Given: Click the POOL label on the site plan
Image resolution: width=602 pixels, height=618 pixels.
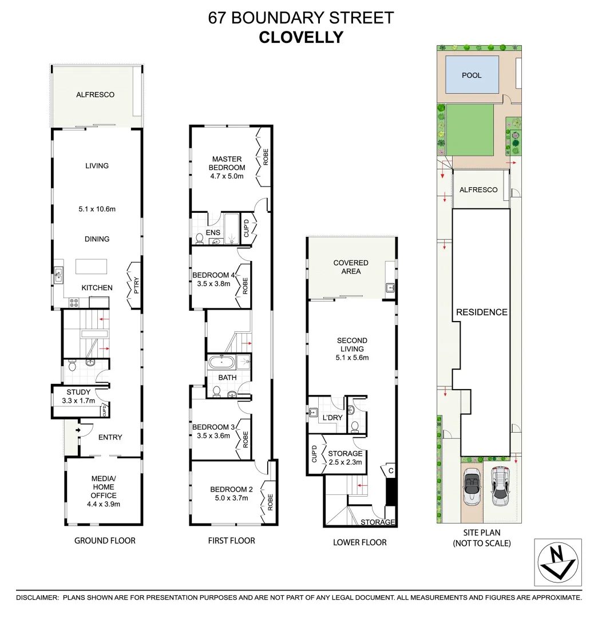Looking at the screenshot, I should (x=472, y=76).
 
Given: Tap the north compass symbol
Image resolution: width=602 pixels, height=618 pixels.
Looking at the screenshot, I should (x=558, y=562).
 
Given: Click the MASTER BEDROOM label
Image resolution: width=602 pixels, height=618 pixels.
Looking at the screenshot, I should (x=227, y=163).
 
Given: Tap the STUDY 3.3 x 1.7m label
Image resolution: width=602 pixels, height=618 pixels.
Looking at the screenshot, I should (x=78, y=397).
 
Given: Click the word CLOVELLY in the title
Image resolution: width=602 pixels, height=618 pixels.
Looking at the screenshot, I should (x=301, y=37).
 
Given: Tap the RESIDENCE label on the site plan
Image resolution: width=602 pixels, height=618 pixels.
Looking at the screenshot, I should (x=481, y=312).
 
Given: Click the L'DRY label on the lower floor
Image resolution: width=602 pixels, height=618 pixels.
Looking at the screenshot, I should (x=332, y=418).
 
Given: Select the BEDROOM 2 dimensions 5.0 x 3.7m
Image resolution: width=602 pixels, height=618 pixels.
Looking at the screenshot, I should (x=231, y=498).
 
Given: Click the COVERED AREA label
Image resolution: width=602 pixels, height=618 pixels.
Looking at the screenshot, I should (x=351, y=267).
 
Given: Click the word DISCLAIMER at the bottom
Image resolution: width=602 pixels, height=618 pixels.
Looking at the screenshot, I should (x=37, y=597).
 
